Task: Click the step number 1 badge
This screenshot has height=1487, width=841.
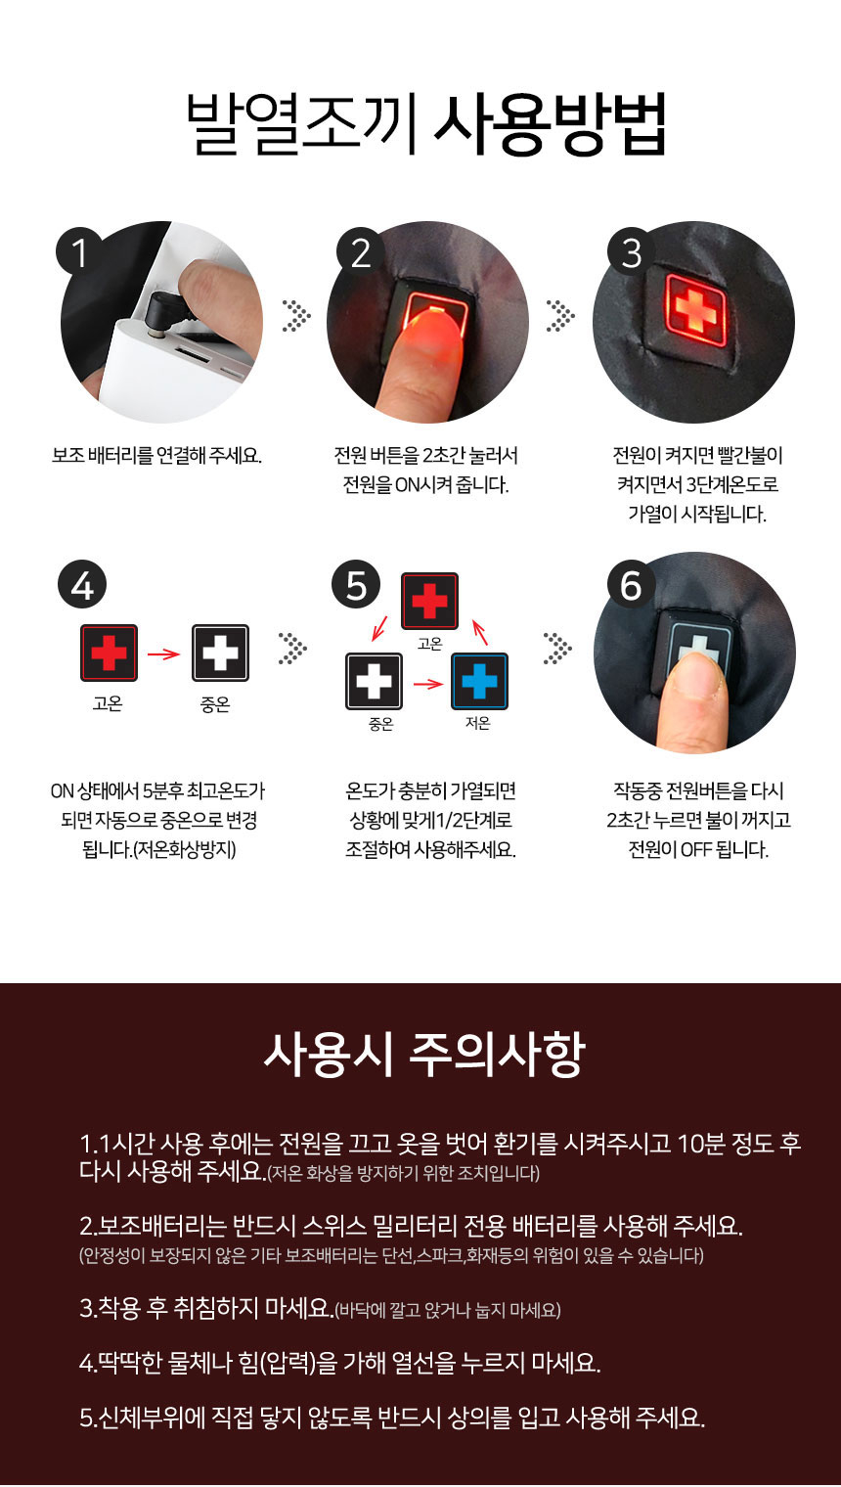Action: tap(80, 252)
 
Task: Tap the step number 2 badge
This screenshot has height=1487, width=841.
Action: tap(360, 252)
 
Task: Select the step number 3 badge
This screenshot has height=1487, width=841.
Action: tap(632, 252)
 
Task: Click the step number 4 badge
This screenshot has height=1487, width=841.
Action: tap(82, 585)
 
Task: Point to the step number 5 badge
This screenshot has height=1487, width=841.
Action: tap(357, 585)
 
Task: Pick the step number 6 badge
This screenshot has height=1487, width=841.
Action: tap(631, 585)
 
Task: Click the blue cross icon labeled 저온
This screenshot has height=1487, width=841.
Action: tap(479, 681)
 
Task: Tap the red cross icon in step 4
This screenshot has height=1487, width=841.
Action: tap(109, 653)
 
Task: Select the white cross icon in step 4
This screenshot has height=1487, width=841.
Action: tap(220, 653)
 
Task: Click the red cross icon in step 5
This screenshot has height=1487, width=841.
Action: tap(429, 601)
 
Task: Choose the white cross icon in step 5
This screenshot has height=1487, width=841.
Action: tap(374, 681)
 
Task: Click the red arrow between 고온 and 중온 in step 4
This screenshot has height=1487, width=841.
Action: tap(163, 653)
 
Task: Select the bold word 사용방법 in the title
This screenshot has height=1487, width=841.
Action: tap(550, 124)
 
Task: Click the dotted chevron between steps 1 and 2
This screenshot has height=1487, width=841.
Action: tap(295, 315)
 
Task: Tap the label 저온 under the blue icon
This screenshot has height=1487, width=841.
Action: tap(478, 724)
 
